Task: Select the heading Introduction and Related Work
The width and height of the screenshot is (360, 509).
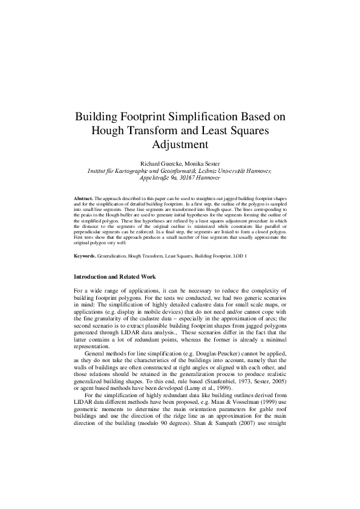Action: pos(114,277)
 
